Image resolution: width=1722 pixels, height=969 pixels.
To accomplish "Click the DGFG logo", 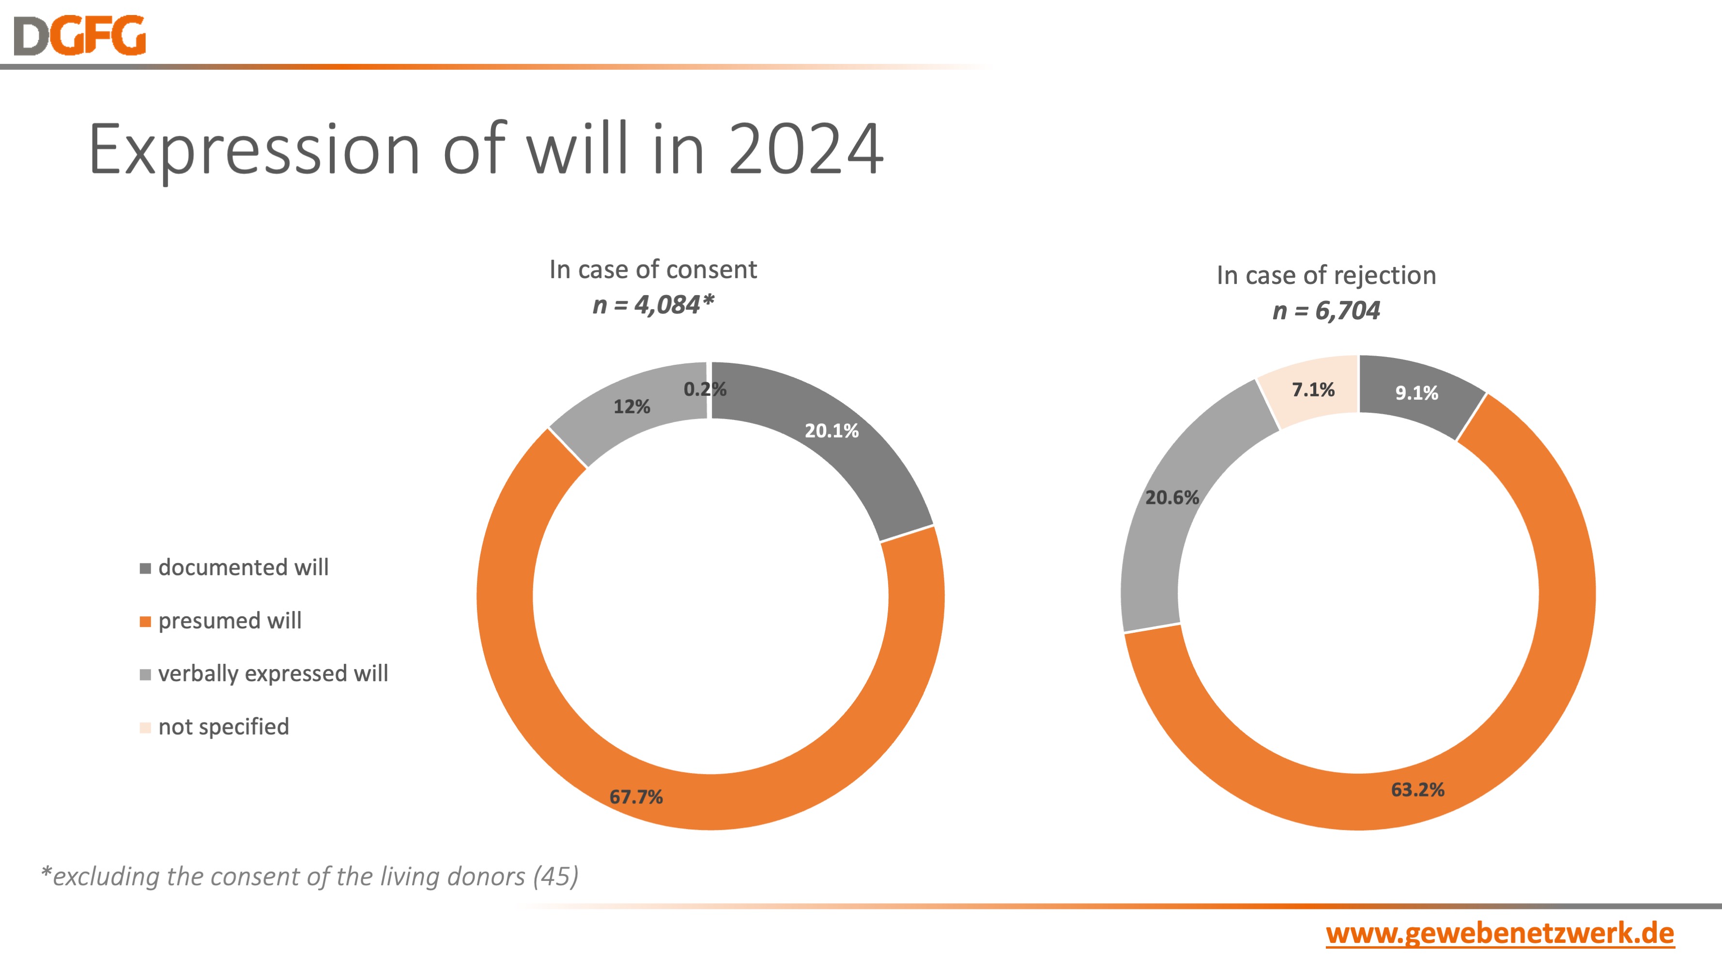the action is [79, 35].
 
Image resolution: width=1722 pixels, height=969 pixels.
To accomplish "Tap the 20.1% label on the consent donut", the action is [831, 431].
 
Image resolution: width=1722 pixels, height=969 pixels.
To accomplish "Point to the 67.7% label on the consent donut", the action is [636, 797].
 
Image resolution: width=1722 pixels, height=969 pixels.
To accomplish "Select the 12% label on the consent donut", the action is [632, 406].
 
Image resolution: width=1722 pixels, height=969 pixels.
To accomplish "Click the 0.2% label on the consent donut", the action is [705, 389].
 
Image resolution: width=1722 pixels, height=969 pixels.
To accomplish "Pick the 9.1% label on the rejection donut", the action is [1416, 392].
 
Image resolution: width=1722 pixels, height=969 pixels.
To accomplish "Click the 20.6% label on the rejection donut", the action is [1172, 498].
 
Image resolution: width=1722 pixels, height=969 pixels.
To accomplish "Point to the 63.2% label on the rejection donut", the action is [1418, 790].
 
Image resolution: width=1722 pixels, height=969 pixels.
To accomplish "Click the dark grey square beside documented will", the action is [145, 568].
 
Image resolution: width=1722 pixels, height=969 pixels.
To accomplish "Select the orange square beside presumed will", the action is [145, 622].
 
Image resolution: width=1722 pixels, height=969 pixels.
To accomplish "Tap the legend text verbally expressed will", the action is [273, 673].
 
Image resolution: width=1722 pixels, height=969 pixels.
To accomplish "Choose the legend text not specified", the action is [223, 727].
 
